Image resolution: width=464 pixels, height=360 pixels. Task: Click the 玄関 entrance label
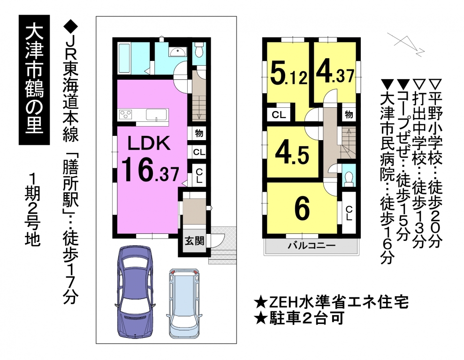click(x=194, y=241)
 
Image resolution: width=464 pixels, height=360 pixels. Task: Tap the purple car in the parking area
click(x=135, y=292)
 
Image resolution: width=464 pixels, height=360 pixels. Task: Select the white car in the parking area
click(x=183, y=303)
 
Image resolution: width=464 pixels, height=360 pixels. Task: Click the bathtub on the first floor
click(x=124, y=59)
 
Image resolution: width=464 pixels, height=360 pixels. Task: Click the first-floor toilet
click(x=199, y=49)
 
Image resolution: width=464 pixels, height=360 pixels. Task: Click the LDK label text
click(x=149, y=143)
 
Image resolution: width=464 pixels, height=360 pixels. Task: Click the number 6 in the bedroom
click(x=302, y=209)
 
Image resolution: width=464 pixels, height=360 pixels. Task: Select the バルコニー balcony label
click(x=312, y=246)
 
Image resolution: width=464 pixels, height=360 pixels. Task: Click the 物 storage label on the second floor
click(x=349, y=114)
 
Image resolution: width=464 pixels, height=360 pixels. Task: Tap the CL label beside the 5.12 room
click(x=279, y=115)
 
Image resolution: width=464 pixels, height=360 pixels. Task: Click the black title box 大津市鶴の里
click(x=34, y=80)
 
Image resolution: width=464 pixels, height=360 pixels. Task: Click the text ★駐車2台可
click(x=299, y=318)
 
